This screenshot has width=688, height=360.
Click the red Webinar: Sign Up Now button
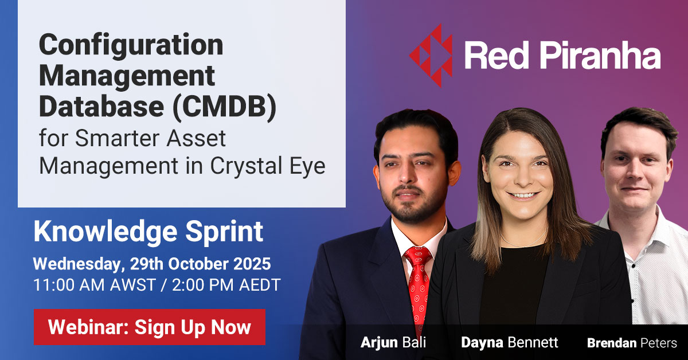pos(150,327)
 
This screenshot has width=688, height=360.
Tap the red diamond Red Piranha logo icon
pos(431,56)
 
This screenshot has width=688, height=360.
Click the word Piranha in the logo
pos(600,55)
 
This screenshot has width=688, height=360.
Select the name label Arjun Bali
pos(393,342)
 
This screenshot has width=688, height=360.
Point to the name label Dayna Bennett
pos(510,342)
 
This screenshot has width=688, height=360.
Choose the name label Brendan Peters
pos(632,343)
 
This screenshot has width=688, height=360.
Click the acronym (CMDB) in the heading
pos(225,106)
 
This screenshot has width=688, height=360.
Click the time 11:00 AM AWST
pos(94,285)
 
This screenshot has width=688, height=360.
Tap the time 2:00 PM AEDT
pos(226,285)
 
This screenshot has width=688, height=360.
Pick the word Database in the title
pos(101,106)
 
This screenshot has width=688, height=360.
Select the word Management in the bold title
pos(127,77)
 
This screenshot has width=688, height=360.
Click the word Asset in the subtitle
pos(196,138)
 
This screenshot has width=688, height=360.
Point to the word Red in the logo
pos(497,55)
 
